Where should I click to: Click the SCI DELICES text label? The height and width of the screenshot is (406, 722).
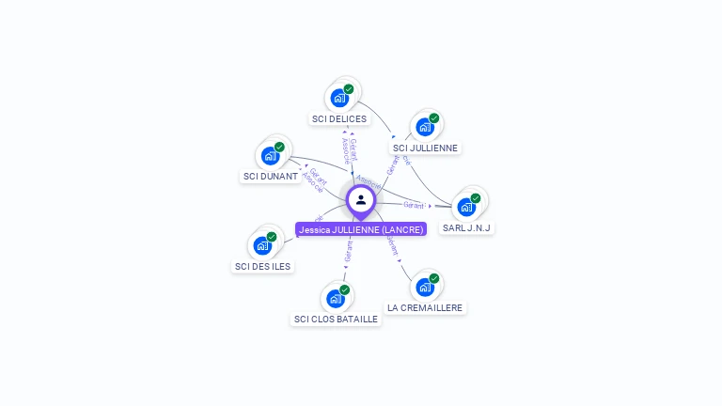pos(339,119)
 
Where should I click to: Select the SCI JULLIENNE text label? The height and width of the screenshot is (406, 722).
pos(426,148)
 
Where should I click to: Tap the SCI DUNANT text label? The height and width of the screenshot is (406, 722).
pos(271,176)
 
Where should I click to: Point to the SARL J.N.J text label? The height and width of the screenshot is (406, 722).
pos(467,227)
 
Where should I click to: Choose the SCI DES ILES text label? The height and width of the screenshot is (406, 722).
pos(263,266)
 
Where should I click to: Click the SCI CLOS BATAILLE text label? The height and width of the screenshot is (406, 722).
pos(336,319)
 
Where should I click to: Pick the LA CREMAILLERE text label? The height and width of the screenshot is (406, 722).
pos(426,307)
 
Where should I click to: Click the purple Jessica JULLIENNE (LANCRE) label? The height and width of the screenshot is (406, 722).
pos(361,228)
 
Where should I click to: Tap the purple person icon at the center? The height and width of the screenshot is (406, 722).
pos(361,199)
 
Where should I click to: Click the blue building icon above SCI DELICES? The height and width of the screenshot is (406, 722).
pos(339,98)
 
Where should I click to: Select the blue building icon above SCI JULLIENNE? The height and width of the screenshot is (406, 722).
pos(425,127)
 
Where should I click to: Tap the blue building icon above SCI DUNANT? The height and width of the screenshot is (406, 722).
pos(271,155)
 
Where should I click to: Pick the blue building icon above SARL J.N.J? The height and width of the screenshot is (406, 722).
pos(466,207)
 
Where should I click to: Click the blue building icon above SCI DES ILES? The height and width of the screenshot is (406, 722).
pos(263,245)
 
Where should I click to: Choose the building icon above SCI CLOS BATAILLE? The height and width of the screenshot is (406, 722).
pos(336,299)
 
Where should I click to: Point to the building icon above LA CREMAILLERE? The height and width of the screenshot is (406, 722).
pos(425,287)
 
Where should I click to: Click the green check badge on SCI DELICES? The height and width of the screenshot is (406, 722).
pos(349,89)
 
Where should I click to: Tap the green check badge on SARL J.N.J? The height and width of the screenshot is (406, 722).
pos(476,198)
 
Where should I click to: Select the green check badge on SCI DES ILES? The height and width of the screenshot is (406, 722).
pos(272,237)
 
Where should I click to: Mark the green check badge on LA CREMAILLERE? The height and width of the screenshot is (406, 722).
pos(434,278)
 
